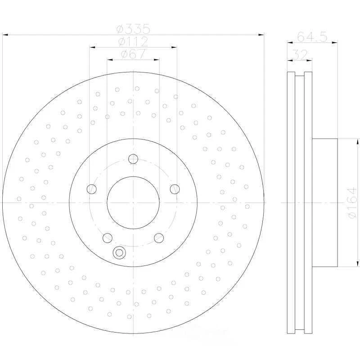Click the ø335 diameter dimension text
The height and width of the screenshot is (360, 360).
coord(133,29)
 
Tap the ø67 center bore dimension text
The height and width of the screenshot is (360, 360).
coord(133,54)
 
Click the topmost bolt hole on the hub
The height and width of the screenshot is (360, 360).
coord(133,158)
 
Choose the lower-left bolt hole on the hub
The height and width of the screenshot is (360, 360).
coord(107,238)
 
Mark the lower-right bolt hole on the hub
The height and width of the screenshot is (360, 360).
coord(159,238)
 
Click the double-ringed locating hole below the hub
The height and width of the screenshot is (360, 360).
coord(119,253)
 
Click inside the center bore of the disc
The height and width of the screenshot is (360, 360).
coord(133,202)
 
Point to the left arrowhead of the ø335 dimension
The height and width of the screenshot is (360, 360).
coord(5,34)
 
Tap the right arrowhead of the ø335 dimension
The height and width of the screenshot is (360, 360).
coord(261,34)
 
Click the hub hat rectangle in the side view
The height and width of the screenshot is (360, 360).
coord(324,202)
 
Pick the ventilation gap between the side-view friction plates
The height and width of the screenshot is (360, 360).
coord(300,202)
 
